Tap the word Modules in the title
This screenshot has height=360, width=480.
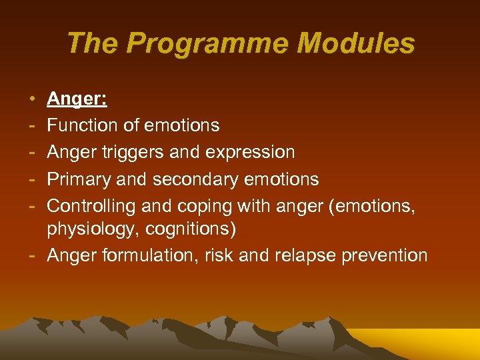point(355,44)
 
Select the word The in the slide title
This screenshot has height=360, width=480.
point(93,44)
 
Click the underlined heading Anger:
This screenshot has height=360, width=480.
point(77,99)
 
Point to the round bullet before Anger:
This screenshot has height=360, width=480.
point(33,100)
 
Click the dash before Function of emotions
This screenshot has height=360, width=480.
point(33,125)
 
